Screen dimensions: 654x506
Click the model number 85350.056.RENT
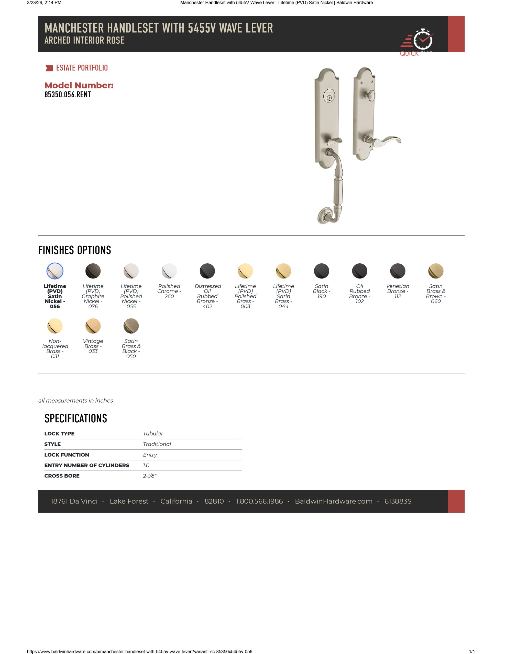[x=68, y=95]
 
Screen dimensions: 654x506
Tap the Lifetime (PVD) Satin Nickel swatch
[x=55, y=271]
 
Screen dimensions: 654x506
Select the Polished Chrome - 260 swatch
[x=169, y=271]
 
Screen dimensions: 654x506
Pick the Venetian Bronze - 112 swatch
[x=398, y=271]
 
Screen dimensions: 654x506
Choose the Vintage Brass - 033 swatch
[x=93, y=326]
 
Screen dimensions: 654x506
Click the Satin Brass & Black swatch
[x=131, y=326]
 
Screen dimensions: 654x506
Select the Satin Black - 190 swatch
[x=321, y=271]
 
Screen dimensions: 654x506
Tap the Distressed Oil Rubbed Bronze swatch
[x=207, y=271]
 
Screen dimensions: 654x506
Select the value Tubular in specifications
[x=153, y=434]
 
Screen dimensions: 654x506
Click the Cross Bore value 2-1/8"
[x=150, y=476]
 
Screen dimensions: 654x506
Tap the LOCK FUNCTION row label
[x=67, y=455]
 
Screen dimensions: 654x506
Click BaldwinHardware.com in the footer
[x=334, y=501]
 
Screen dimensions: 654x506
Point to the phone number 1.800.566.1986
[x=259, y=501]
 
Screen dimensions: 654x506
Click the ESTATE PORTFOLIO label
[x=82, y=68]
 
